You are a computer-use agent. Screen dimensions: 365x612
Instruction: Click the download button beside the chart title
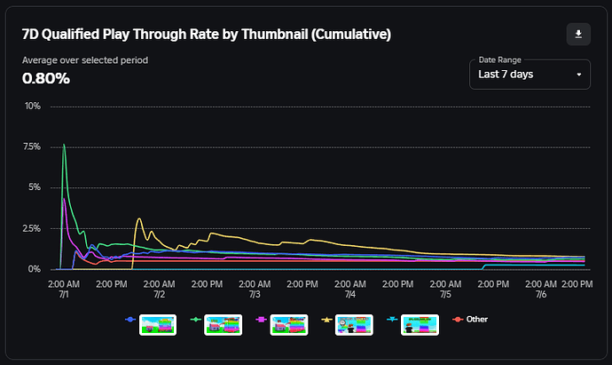(578, 34)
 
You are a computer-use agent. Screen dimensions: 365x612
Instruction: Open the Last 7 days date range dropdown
(530, 74)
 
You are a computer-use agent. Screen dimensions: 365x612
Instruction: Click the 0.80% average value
(46, 78)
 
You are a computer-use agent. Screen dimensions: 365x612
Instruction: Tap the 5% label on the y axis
(34, 187)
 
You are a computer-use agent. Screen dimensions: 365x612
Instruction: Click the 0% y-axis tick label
(34, 269)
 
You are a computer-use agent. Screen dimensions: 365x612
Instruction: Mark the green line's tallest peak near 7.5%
(64, 144)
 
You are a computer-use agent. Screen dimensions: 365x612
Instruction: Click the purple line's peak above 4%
(63, 198)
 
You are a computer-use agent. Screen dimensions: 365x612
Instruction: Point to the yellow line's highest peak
(139, 218)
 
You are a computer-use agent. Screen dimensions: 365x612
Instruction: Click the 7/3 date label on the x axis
(255, 294)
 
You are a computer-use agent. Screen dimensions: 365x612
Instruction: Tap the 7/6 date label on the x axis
(539, 294)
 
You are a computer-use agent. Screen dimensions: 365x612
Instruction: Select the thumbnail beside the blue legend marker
(158, 324)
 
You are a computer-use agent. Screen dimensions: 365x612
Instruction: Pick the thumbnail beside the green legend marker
(224, 324)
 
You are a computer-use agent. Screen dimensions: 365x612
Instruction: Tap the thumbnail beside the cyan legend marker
(420, 324)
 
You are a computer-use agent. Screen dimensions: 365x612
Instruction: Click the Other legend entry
(476, 319)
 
